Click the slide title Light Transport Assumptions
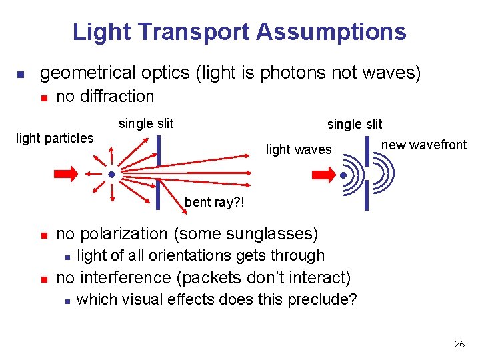(x=239, y=31)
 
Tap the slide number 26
(x=459, y=344)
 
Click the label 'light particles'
(x=55, y=138)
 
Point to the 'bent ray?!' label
(x=215, y=202)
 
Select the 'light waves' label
(x=298, y=149)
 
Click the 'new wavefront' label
(x=423, y=145)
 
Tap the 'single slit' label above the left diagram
(x=145, y=123)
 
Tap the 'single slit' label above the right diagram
(x=354, y=124)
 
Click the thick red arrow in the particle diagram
(x=67, y=175)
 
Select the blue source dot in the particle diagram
(x=111, y=175)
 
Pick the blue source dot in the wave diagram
(x=343, y=175)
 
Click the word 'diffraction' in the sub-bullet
(x=117, y=96)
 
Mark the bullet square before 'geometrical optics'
(x=20, y=73)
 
